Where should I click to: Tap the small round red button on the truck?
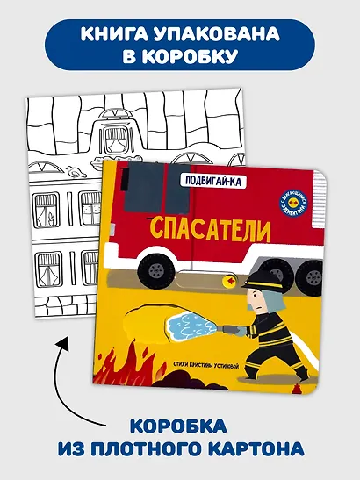pos(232,281)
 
